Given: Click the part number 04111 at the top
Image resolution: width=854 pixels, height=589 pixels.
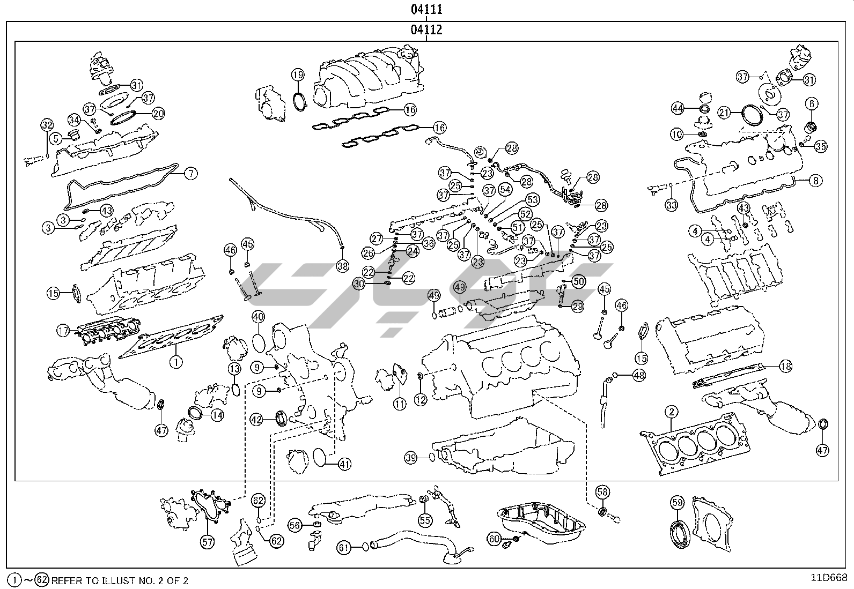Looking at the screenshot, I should [426, 9].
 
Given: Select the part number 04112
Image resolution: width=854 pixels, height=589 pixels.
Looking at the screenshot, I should [426, 30].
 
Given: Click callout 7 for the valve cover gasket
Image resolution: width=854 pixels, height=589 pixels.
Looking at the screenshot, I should [191, 173].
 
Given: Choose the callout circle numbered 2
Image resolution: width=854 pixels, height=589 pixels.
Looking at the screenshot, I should [671, 412].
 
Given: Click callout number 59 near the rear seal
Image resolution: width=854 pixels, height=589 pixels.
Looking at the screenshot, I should [678, 503].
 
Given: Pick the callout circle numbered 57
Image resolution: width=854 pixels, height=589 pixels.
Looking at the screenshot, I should [208, 542].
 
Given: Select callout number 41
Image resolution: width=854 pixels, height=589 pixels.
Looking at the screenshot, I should [344, 464].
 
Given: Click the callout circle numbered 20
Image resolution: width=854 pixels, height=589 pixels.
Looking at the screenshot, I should [158, 113].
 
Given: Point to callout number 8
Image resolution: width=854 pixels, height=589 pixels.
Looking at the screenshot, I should [815, 181].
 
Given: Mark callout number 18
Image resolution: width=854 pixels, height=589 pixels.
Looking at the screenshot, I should [785, 367].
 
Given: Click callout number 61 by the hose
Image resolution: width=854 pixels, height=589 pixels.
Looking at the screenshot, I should [344, 547].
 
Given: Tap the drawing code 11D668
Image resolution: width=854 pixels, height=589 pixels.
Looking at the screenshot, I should [829, 578].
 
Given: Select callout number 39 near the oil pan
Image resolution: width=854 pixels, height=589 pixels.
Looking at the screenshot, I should [411, 458].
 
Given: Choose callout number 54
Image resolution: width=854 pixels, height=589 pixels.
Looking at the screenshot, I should [505, 189].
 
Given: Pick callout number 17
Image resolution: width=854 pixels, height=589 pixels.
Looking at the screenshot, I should [63, 331].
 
